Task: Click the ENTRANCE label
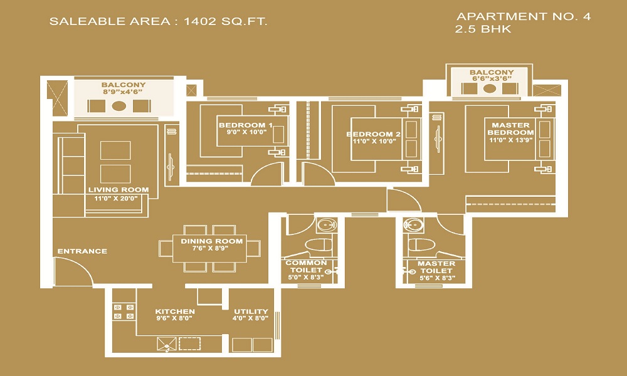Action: point(82,251)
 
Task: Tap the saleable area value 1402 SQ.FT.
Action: point(225,21)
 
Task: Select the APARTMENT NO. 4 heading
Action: point(524,16)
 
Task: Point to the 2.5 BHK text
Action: point(483,29)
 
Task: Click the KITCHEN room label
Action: point(175,311)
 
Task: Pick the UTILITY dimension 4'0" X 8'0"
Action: point(251,318)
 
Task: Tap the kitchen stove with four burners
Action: point(124,311)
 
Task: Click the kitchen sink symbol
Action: point(166,344)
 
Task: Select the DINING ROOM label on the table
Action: point(211,241)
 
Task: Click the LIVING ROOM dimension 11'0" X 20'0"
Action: point(116,198)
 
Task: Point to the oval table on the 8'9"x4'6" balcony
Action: point(119,106)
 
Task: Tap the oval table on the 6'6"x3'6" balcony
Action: point(490,88)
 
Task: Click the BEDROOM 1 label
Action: point(246,125)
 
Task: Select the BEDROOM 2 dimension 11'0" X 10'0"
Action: point(374,141)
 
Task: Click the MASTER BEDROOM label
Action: point(510,128)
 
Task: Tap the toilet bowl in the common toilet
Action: point(319,245)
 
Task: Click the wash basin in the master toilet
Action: point(413,226)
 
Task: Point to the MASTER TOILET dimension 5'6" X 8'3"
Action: point(436,278)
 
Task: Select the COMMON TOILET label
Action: point(307,266)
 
